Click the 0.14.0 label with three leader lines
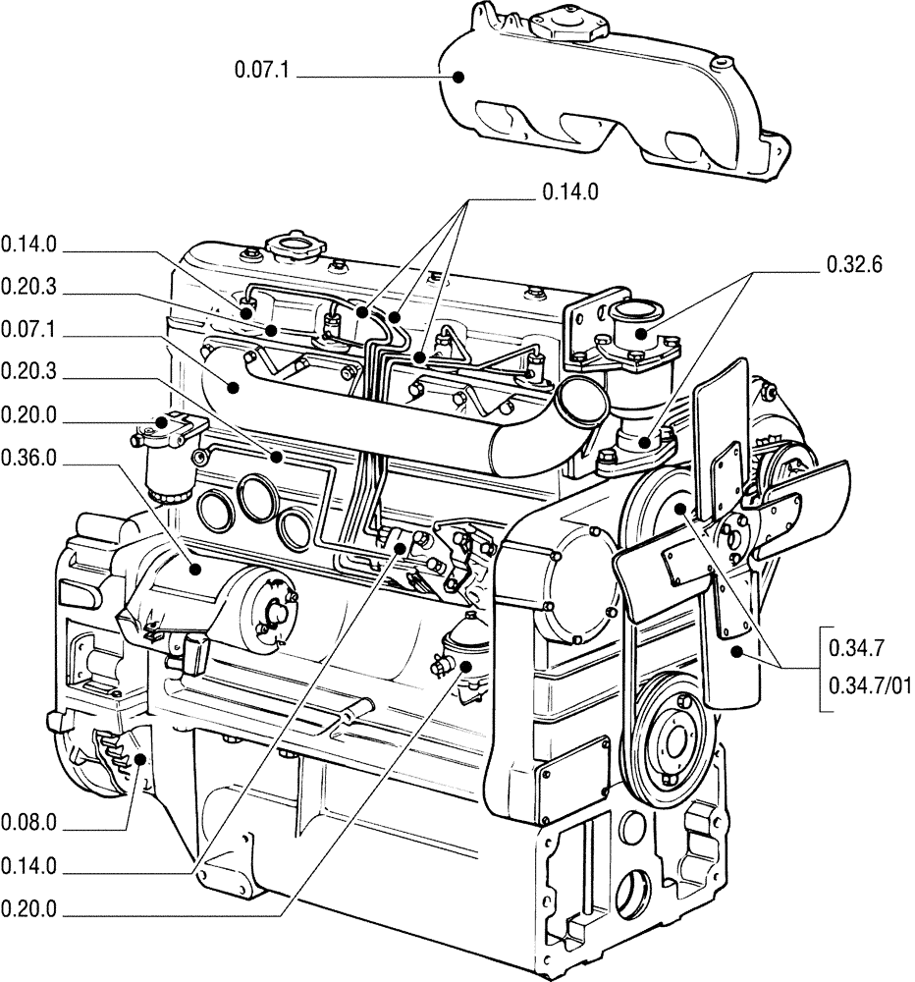click(x=569, y=194)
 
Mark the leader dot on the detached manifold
click(x=457, y=74)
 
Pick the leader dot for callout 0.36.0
click(x=195, y=569)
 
